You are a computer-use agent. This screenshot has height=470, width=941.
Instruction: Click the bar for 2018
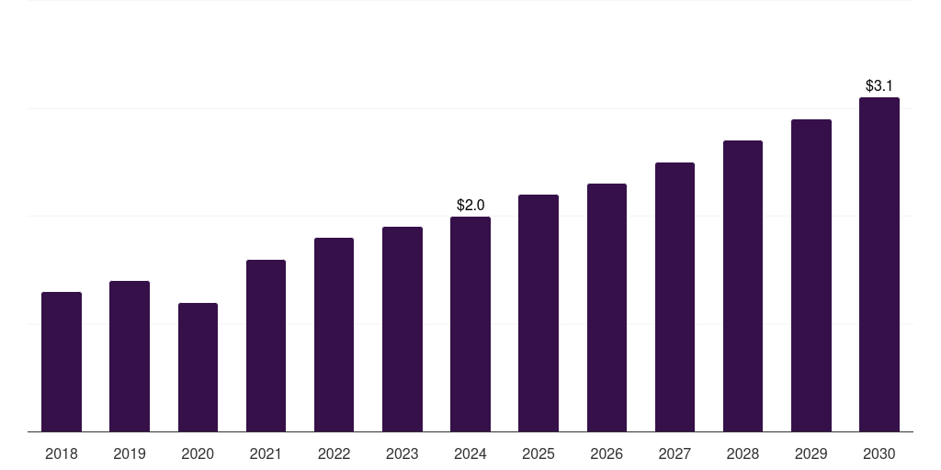click(62, 362)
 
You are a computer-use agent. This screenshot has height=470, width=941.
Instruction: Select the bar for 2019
click(130, 356)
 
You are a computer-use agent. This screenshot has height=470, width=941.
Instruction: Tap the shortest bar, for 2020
click(198, 367)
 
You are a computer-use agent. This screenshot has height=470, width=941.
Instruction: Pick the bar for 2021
click(266, 345)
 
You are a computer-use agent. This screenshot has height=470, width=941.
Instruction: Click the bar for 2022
click(334, 334)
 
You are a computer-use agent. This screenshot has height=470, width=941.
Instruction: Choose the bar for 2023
click(402, 329)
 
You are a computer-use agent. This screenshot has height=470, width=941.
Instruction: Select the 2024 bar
click(470, 324)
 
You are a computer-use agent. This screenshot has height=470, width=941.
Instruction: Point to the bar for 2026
click(607, 308)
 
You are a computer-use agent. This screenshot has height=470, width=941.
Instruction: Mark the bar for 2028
click(743, 285)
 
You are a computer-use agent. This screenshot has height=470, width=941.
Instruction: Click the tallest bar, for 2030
click(879, 264)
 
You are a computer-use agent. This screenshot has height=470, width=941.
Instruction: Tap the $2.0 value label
click(470, 205)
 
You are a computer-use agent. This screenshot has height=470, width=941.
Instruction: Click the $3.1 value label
click(879, 85)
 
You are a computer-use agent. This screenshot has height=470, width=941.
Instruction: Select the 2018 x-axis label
click(62, 453)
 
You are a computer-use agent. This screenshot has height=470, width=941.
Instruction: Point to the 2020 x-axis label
click(198, 453)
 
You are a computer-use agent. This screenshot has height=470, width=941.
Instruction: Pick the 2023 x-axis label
click(402, 453)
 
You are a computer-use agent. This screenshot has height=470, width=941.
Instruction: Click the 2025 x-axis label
click(539, 453)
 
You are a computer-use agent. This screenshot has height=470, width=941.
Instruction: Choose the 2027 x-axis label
click(675, 453)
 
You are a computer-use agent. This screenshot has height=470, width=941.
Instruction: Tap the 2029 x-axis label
click(811, 453)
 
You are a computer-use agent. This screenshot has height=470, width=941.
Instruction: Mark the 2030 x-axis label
click(879, 453)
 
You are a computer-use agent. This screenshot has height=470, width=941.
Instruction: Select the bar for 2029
click(811, 275)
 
